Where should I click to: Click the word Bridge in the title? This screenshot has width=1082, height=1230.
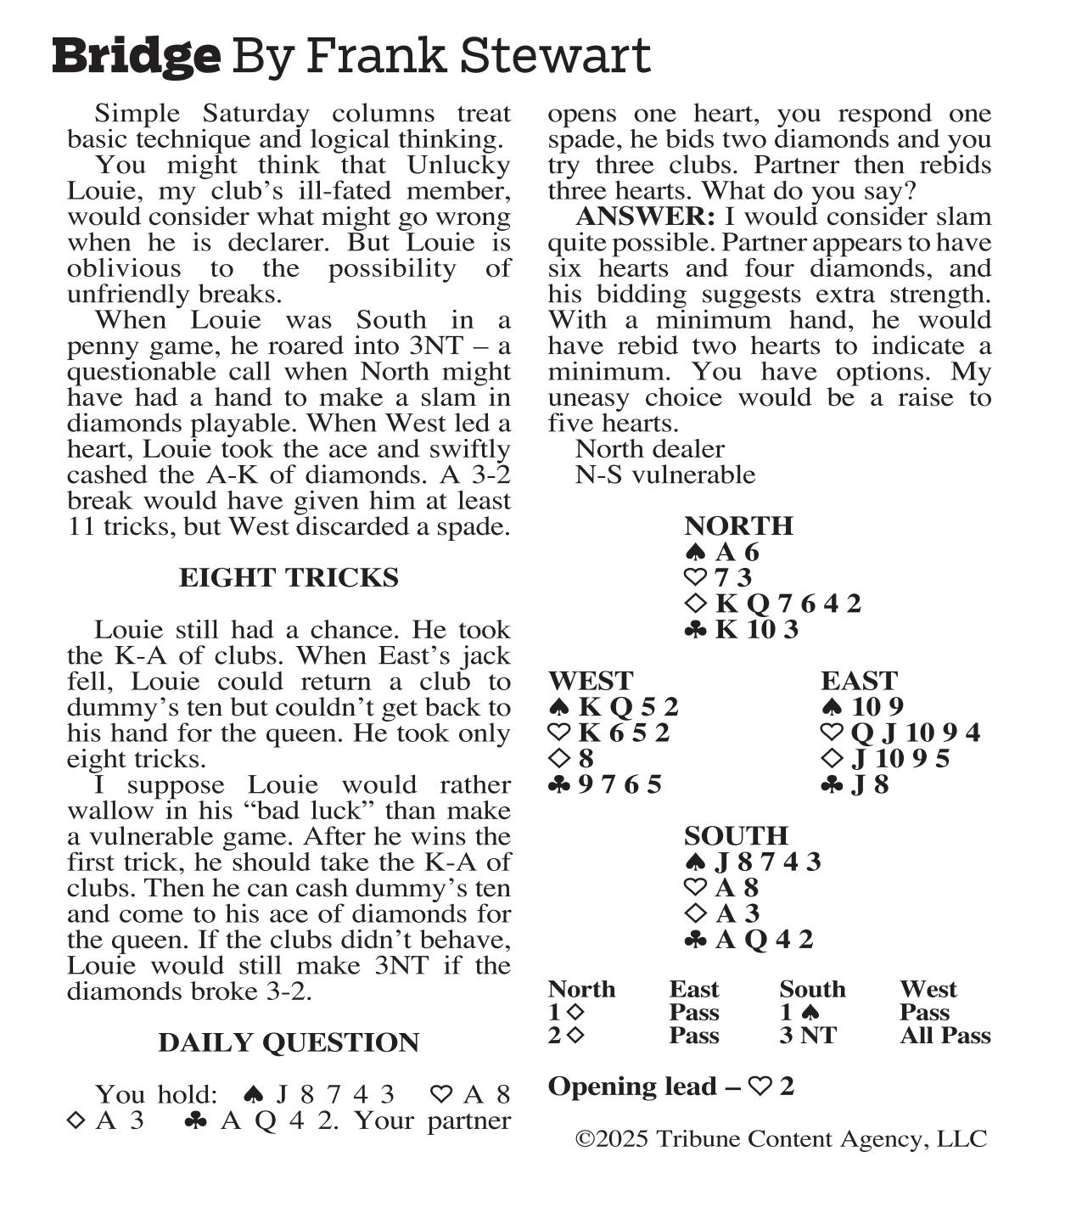pyautogui.click(x=136, y=56)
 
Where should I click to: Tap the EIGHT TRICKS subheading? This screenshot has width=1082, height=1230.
pyautogui.click(x=289, y=578)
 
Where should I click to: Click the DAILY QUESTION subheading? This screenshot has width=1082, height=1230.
pyautogui.click(x=289, y=1043)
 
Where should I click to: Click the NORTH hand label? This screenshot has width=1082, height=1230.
pyautogui.click(x=738, y=526)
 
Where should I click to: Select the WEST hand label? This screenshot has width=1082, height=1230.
pyautogui.click(x=591, y=682)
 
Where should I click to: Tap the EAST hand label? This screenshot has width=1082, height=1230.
pyautogui.click(x=859, y=682)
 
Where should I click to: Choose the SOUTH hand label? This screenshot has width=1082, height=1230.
pyautogui.click(x=736, y=836)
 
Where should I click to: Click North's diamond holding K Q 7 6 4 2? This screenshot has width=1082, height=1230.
pyautogui.click(x=788, y=604)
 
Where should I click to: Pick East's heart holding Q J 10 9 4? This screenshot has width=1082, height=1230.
pyautogui.click(x=911, y=733)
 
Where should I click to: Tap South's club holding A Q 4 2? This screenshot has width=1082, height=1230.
pyautogui.click(x=764, y=940)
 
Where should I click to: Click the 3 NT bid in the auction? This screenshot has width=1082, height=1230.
pyautogui.click(x=808, y=1036)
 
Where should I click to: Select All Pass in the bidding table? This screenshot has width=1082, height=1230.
pyautogui.click(x=945, y=1036)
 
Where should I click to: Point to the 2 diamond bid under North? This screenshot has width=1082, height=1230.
pyautogui.click(x=565, y=1036)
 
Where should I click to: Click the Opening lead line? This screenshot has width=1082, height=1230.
pyautogui.click(x=670, y=1087)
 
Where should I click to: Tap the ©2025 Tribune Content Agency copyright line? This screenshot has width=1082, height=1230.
pyautogui.click(x=781, y=1139)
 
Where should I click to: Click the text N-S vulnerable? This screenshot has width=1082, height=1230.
pyautogui.click(x=664, y=475)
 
